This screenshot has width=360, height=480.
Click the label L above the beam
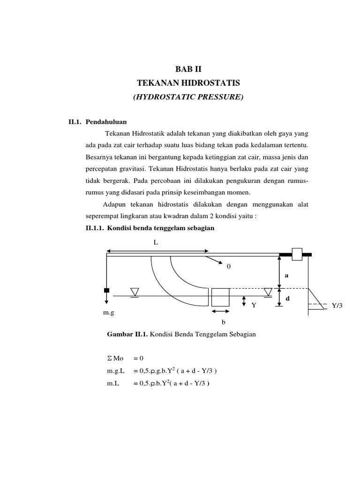pyautogui.click(x=156, y=242)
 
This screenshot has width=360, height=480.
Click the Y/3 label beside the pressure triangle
pyautogui.click(x=337, y=306)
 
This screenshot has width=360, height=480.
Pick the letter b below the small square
pyautogui.click(x=223, y=322)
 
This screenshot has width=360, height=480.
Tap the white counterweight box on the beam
pyautogui.click(x=297, y=254)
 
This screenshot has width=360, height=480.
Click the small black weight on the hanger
pyautogui.click(x=107, y=290)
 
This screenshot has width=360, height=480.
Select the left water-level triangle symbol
pyautogui.click(x=135, y=292)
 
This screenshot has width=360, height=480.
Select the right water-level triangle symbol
pyautogui.click(x=268, y=292)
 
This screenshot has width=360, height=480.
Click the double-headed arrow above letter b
pyautogui.click(x=220, y=311)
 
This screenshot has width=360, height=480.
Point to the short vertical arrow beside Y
pyautogui.click(x=244, y=301)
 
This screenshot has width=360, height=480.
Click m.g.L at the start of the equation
pyautogui.click(x=116, y=371)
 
